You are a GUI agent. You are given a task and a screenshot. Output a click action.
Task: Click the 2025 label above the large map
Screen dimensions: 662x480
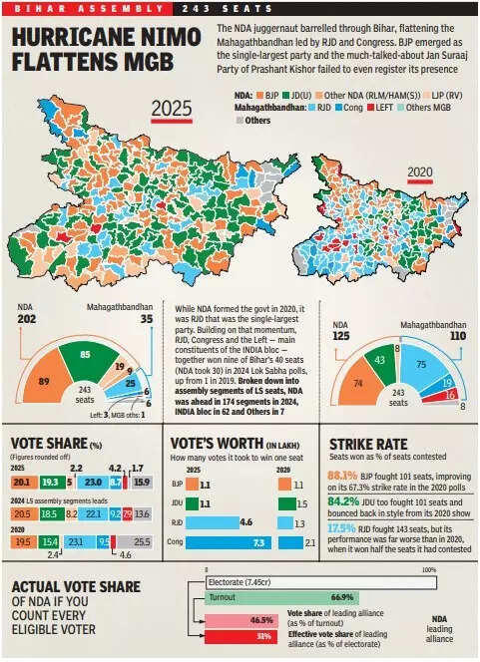point(171,109)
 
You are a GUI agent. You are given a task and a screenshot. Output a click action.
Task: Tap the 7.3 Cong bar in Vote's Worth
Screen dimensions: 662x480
point(233,541)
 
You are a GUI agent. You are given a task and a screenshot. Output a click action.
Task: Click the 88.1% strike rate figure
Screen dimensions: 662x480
point(342,476)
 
